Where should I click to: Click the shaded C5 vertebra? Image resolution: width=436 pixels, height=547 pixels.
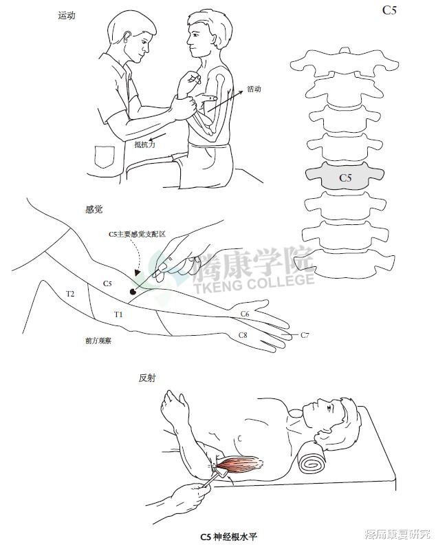(x=345, y=178)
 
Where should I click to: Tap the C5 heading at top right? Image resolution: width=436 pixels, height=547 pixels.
(x=389, y=10)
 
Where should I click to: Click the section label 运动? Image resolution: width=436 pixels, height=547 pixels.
(x=67, y=14)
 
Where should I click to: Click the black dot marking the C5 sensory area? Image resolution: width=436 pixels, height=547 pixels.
(x=133, y=292)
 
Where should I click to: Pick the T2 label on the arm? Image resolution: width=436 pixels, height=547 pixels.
(x=70, y=294)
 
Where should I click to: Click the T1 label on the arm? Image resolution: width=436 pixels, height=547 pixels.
(x=118, y=314)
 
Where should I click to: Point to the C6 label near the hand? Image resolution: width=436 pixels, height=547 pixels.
(x=244, y=314)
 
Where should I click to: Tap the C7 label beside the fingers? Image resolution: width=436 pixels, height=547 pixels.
(x=305, y=335)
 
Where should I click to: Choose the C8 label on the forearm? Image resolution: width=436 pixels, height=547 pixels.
(x=242, y=335)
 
